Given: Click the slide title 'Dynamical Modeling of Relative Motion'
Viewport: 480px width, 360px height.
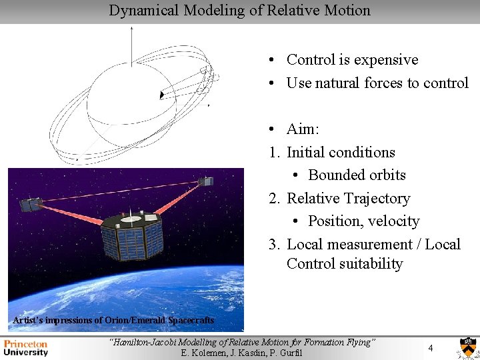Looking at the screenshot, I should pos(239,11).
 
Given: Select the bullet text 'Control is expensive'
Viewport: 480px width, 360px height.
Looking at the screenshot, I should pos(352,60).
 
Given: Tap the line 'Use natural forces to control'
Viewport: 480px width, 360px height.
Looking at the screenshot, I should pos(377,83).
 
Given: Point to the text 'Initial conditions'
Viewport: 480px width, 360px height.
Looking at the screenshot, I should pos(340,152).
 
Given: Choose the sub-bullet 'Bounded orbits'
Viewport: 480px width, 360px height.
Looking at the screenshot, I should pos(357,175).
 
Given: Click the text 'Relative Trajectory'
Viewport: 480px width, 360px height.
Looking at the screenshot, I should pos(348,198).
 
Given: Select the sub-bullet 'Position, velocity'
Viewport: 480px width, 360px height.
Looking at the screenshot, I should pos(363,221).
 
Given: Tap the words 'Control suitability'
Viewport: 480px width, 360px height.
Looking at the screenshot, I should pos(345,264).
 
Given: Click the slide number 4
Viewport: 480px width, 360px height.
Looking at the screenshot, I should pos(430,348).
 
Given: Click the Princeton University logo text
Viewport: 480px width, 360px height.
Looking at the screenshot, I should pos(26,348).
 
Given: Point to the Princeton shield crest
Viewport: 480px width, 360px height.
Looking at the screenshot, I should pos(466,347).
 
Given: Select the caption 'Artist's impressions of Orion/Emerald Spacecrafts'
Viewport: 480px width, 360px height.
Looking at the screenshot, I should pos(114,321).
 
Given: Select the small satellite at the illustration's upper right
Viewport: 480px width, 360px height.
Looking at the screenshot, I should pos(207,181).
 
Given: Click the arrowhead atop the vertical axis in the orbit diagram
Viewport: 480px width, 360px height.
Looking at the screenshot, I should pos(132,29).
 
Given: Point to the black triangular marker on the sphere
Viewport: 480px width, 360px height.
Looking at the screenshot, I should pos(161,95).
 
